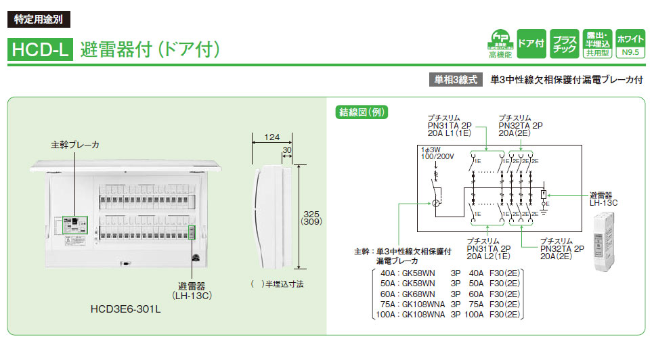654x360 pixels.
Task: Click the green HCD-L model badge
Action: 39,49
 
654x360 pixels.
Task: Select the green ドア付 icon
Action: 530,43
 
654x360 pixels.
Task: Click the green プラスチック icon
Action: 564,43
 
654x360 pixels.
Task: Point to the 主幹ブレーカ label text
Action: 75,145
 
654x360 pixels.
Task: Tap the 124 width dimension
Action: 271,137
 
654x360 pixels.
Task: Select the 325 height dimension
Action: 310,212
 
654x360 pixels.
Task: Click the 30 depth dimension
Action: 287,150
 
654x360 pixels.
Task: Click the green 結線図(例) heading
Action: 357,112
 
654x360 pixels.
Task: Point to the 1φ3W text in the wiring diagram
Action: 430,149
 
